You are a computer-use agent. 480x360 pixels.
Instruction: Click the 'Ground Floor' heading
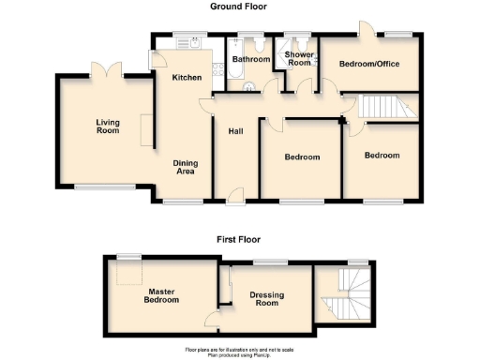coord(238,7)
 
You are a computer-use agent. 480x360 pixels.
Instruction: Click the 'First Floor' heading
coord(238,240)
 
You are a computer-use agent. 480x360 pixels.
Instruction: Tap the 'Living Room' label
coord(108,126)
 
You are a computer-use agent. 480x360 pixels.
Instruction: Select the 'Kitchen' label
coord(186,77)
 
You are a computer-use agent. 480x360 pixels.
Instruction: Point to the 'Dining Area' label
coord(186,167)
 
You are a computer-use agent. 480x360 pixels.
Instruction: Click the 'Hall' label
coord(236,130)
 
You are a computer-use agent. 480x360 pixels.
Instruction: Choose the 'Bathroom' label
coord(250,60)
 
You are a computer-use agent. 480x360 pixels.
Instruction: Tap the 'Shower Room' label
coord(298,58)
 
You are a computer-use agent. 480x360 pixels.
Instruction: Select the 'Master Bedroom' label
coord(160,297)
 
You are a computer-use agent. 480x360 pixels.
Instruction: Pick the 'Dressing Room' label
coord(268,299)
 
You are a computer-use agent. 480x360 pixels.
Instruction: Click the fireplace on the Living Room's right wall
coord(145,129)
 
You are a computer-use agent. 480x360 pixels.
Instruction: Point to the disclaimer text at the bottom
coord(239,351)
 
